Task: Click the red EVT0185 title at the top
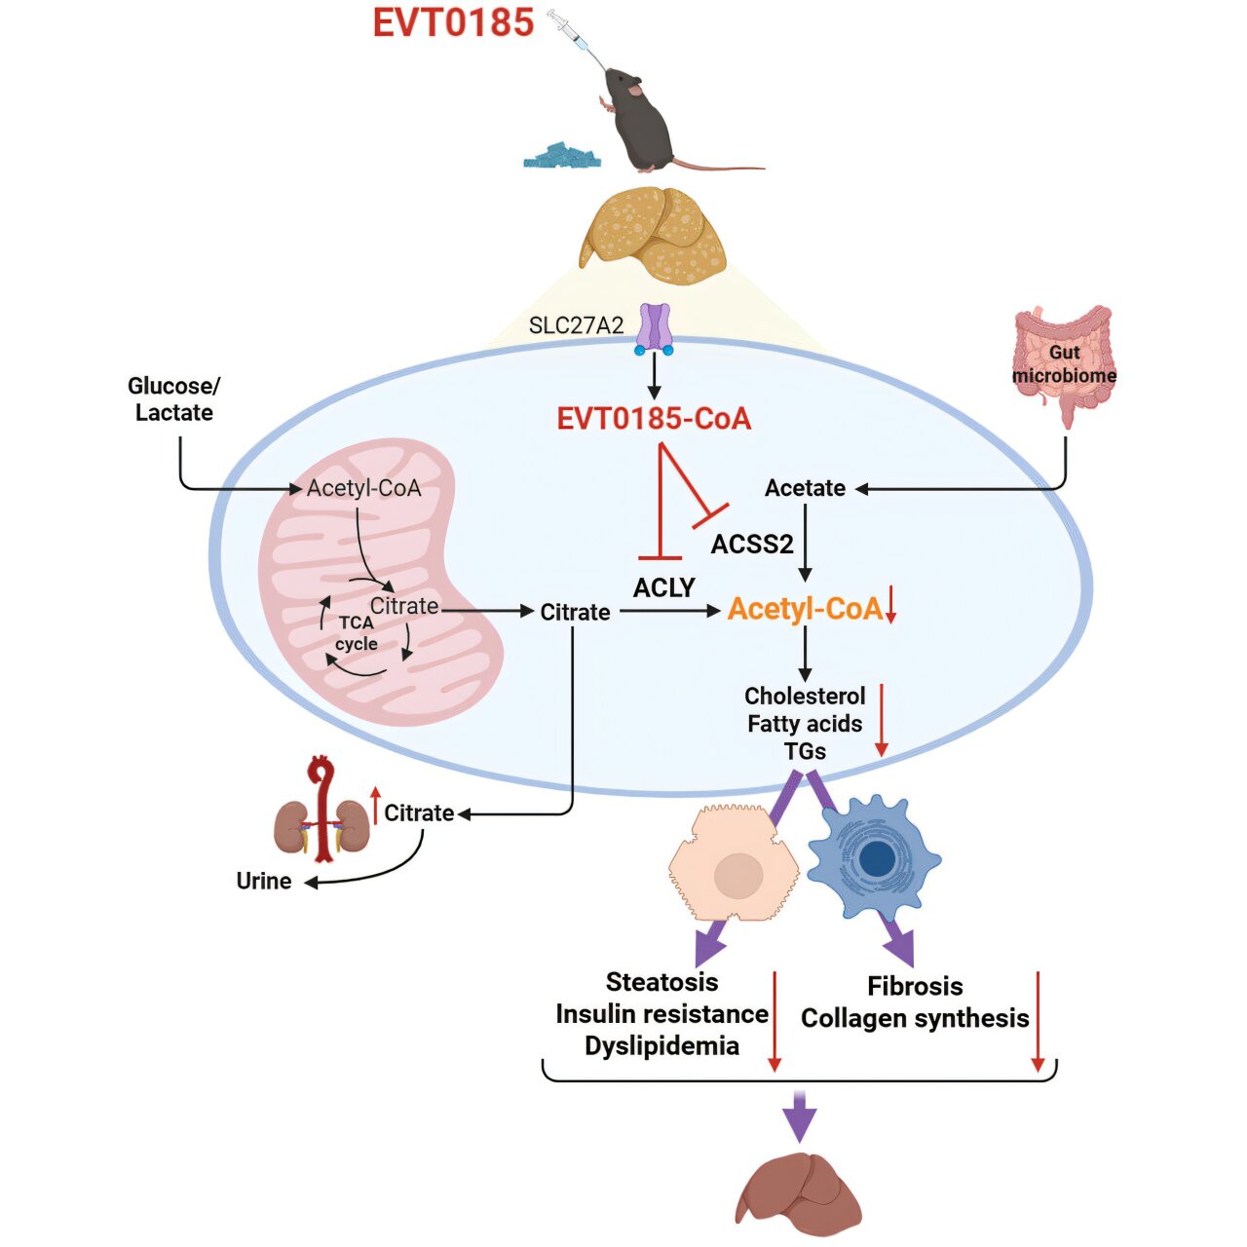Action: pyautogui.click(x=453, y=23)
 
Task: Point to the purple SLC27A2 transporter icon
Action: pyautogui.click(x=654, y=328)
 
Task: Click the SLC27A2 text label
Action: pyautogui.click(x=576, y=325)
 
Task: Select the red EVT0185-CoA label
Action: pyautogui.click(x=654, y=419)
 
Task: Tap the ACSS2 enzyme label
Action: pyautogui.click(x=752, y=544)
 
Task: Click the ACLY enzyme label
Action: pyautogui.click(x=663, y=587)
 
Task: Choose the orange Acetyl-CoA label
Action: pyautogui.click(x=805, y=609)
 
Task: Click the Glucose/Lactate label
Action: pyautogui.click(x=173, y=399)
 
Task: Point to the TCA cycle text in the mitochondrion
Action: pyautogui.click(x=357, y=633)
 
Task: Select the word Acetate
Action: pyautogui.click(x=805, y=488)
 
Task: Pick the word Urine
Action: pyautogui.click(x=264, y=881)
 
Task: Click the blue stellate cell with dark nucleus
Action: pyautogui.click(x=874, y=857)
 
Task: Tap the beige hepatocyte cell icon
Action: pyautogui.click(x=733, y=865)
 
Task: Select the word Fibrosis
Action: pyautogui.click(x=915, y=986)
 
